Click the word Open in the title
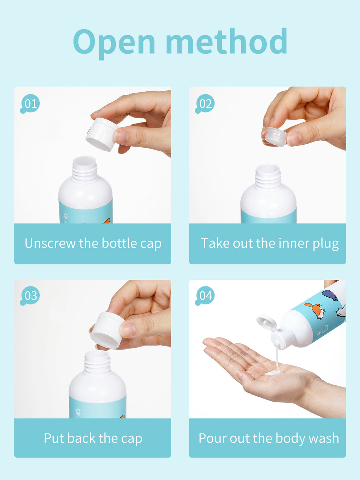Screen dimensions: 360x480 tap(114, 43)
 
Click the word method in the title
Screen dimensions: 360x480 tap(226, 41)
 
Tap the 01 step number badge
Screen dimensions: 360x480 tap(30, 104)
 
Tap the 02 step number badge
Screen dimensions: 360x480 tap(205, 104)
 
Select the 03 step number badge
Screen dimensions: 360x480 tap(30, 296)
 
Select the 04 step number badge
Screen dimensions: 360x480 tap(205, 296)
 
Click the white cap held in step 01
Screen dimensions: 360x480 tap(102, 134)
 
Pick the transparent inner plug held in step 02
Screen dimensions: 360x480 tap(275, 137)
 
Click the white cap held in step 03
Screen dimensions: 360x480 tap(107, 330)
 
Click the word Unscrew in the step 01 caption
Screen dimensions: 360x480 tap(50, 243)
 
